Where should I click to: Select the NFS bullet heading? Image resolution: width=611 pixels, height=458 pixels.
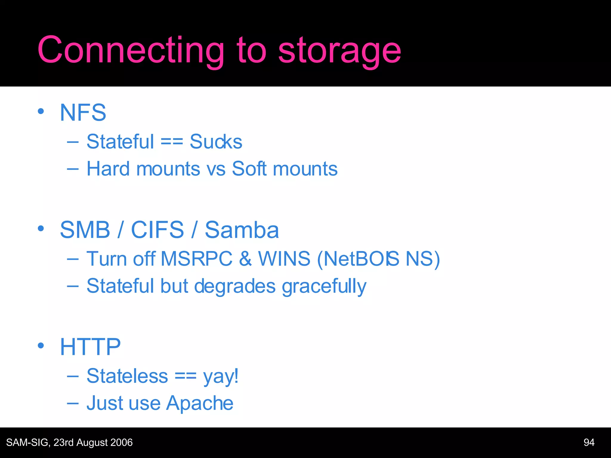pos(83,113)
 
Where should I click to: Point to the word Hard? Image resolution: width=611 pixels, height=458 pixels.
pos(108,169)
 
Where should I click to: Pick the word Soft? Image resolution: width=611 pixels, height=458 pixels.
pos(249,169)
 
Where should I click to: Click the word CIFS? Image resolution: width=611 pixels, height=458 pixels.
pos(158,230)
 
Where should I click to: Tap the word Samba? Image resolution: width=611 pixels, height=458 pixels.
pos(242,230)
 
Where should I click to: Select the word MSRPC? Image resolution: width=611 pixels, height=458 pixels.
pos(196,259)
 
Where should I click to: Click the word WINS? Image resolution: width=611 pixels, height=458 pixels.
pos(284,259)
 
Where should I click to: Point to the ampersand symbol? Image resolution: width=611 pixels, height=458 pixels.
pos(245,259)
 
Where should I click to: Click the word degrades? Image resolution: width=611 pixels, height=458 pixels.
pos(235,286)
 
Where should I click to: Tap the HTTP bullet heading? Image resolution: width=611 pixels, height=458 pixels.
pos(90,347)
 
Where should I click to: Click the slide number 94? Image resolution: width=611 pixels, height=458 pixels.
pos(589,442)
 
